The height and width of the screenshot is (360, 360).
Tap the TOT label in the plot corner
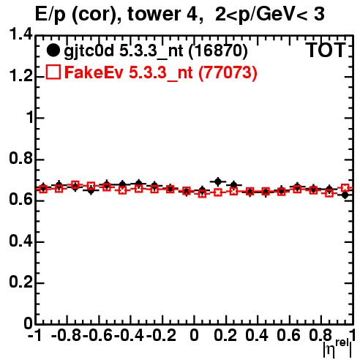pos(326,50)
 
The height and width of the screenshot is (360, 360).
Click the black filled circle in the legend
pos(53,50)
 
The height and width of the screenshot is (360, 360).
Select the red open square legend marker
pos(53,72)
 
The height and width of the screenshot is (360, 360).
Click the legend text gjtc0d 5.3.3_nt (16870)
pos(156,51)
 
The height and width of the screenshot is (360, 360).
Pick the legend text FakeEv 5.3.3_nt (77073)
pos(161,72)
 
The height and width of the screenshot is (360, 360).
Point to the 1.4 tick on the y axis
pos(20,34)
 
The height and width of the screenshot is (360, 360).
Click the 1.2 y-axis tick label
pos(20,76)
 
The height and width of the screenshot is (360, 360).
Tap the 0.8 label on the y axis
pos(20,158)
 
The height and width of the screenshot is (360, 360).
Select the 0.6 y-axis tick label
pos(20,200)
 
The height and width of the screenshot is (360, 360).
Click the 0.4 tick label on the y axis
pos(20,241)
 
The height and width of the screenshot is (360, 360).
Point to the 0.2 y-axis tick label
pos(20,282)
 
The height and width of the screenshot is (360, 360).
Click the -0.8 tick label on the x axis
pos(66,335)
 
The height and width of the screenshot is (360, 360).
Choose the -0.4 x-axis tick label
pos(130,335)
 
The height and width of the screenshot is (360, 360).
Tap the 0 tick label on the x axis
pos(194,335)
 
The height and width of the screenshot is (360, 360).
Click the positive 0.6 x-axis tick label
pos(288,335)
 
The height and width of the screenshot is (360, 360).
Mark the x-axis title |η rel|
pos(338,348)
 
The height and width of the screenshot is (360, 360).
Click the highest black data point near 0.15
pos(218,181)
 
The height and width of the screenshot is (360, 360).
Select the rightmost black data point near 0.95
pos(345,195)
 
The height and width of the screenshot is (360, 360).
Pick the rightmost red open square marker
pos(345,188)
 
